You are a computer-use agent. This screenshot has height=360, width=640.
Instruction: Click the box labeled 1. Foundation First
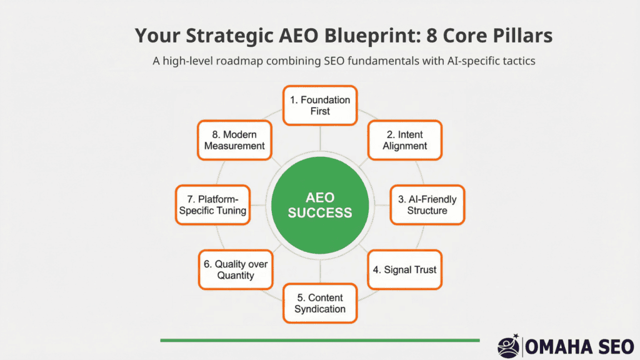320,105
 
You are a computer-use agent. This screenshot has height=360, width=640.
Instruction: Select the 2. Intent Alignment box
405,140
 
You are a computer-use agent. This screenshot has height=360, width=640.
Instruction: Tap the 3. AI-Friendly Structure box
427,205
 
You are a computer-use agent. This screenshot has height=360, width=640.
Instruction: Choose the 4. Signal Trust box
405,270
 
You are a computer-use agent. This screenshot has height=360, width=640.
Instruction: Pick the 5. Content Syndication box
320,303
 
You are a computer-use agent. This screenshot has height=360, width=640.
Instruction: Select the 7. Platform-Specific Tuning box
212,205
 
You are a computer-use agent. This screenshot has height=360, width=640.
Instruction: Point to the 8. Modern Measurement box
234,140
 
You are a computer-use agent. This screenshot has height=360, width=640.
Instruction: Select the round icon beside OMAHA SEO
507,345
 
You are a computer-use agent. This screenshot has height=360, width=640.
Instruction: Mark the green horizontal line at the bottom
320,340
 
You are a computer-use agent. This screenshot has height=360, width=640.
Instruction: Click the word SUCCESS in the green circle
321,213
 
